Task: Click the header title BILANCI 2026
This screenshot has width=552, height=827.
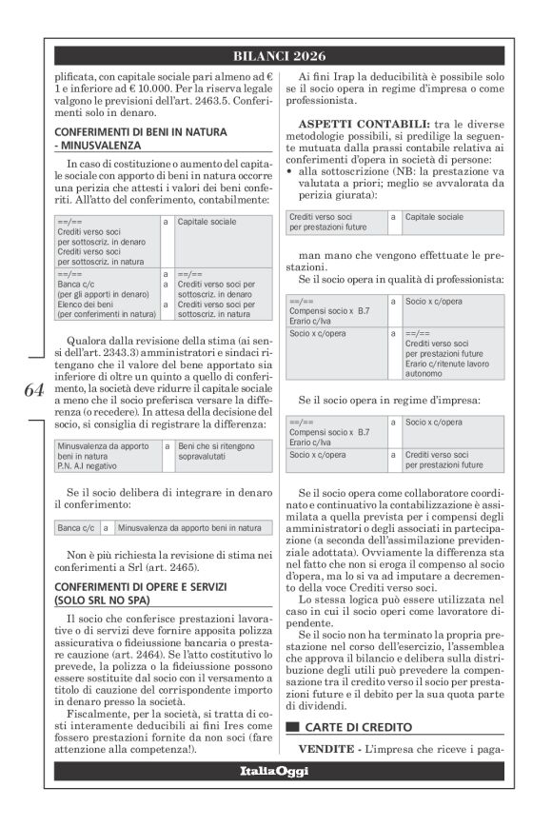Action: (278, 56)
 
